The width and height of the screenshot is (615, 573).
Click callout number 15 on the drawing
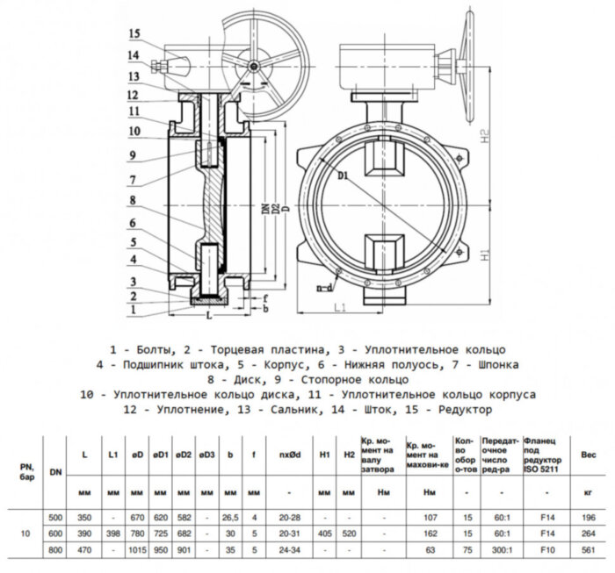coord(134,34)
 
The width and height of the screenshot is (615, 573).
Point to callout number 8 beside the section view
coord(134,199)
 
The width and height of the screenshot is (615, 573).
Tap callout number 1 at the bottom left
coord(134,310)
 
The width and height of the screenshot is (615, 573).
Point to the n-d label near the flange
coord(324,286)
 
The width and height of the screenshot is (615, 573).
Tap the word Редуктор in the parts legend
coord(462,410)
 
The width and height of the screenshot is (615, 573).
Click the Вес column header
coord(589,455)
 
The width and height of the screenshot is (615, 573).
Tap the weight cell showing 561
coord(589,548)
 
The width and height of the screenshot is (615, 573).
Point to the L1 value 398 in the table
coord(112,532)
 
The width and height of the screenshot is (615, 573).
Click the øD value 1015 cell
coord(137,548)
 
